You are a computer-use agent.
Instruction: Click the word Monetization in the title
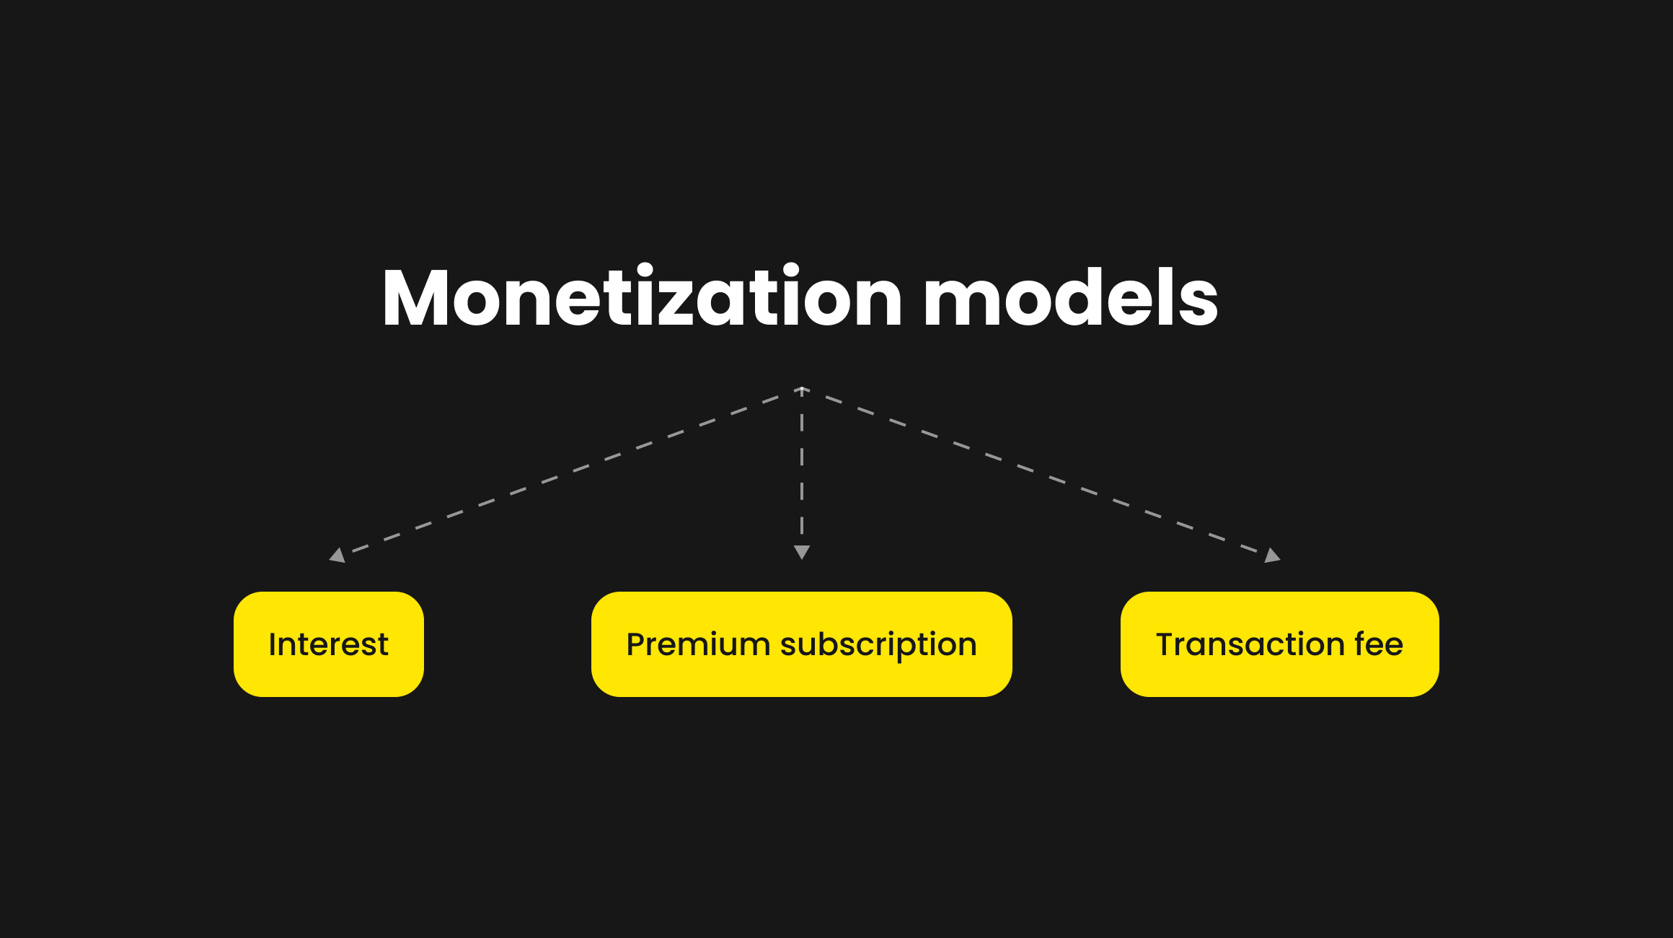643,297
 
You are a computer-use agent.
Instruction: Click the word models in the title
1072,297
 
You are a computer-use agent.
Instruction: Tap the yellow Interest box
329,644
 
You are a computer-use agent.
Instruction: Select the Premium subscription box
802,644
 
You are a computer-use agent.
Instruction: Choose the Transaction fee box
1280,644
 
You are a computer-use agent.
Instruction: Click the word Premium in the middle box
698,644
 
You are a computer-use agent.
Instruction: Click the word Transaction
1250,644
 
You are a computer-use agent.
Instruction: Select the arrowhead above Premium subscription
802,553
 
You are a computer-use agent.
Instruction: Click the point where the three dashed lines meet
802,389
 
